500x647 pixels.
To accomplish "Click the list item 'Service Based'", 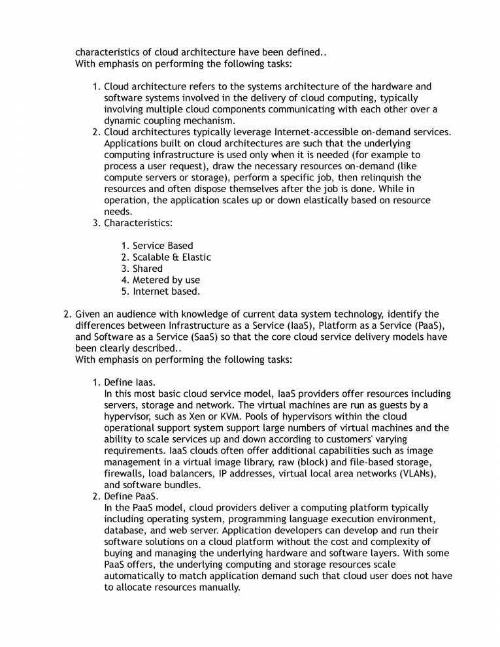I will click(x=163, y=246).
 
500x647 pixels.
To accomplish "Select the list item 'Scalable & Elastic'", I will click(x=172, y=257).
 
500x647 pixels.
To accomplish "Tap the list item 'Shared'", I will click(x=148, y=269).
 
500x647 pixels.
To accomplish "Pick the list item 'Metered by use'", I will click(x=166, y=280).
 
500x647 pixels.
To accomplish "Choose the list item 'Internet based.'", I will click(x=166, y=291).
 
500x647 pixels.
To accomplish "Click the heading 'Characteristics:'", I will click(x=139, y=224).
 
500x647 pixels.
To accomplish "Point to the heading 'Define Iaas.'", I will click(x=130, y=382).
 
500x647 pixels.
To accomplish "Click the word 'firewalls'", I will click(x=124, y=473).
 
